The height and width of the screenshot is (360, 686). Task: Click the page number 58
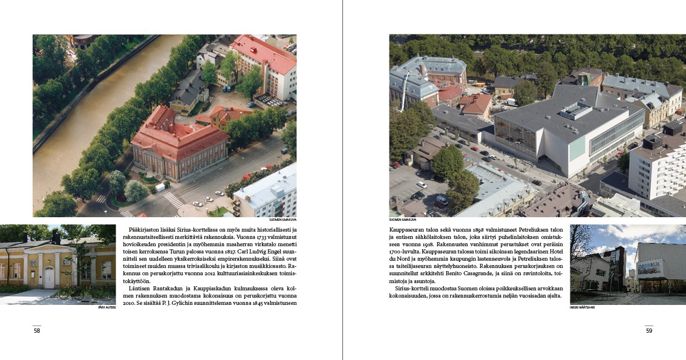click(x=37, y=330)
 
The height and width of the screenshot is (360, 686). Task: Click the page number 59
click(x=649, y=330)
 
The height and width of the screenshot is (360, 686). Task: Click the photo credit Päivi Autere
click(x=106, y=307)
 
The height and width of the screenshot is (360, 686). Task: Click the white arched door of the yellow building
click(x=48, y=278)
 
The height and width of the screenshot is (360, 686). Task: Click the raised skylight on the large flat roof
click(x=577, y=110)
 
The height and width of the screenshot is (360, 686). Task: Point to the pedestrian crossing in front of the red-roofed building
click(x=173, y=200)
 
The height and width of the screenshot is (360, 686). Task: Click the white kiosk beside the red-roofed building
click(x=160, y=188)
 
